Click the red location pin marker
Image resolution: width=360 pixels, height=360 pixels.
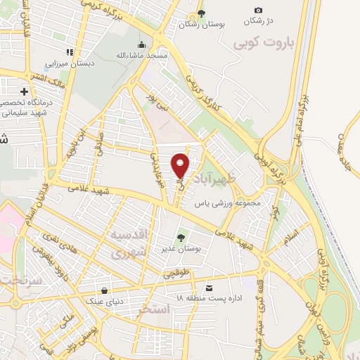[181, 165]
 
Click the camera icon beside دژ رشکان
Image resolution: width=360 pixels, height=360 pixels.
[258, 10]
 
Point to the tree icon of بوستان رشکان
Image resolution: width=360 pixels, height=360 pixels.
[202, 13]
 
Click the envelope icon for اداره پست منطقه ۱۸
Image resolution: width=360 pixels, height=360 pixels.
[209, 288]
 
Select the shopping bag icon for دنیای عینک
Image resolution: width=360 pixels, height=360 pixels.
[105, 290]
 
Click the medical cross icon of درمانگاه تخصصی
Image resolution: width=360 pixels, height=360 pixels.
[25, 91]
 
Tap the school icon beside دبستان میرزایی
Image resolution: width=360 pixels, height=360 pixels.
[69, 51]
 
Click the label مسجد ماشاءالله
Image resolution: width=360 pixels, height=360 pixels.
[141, 55]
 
